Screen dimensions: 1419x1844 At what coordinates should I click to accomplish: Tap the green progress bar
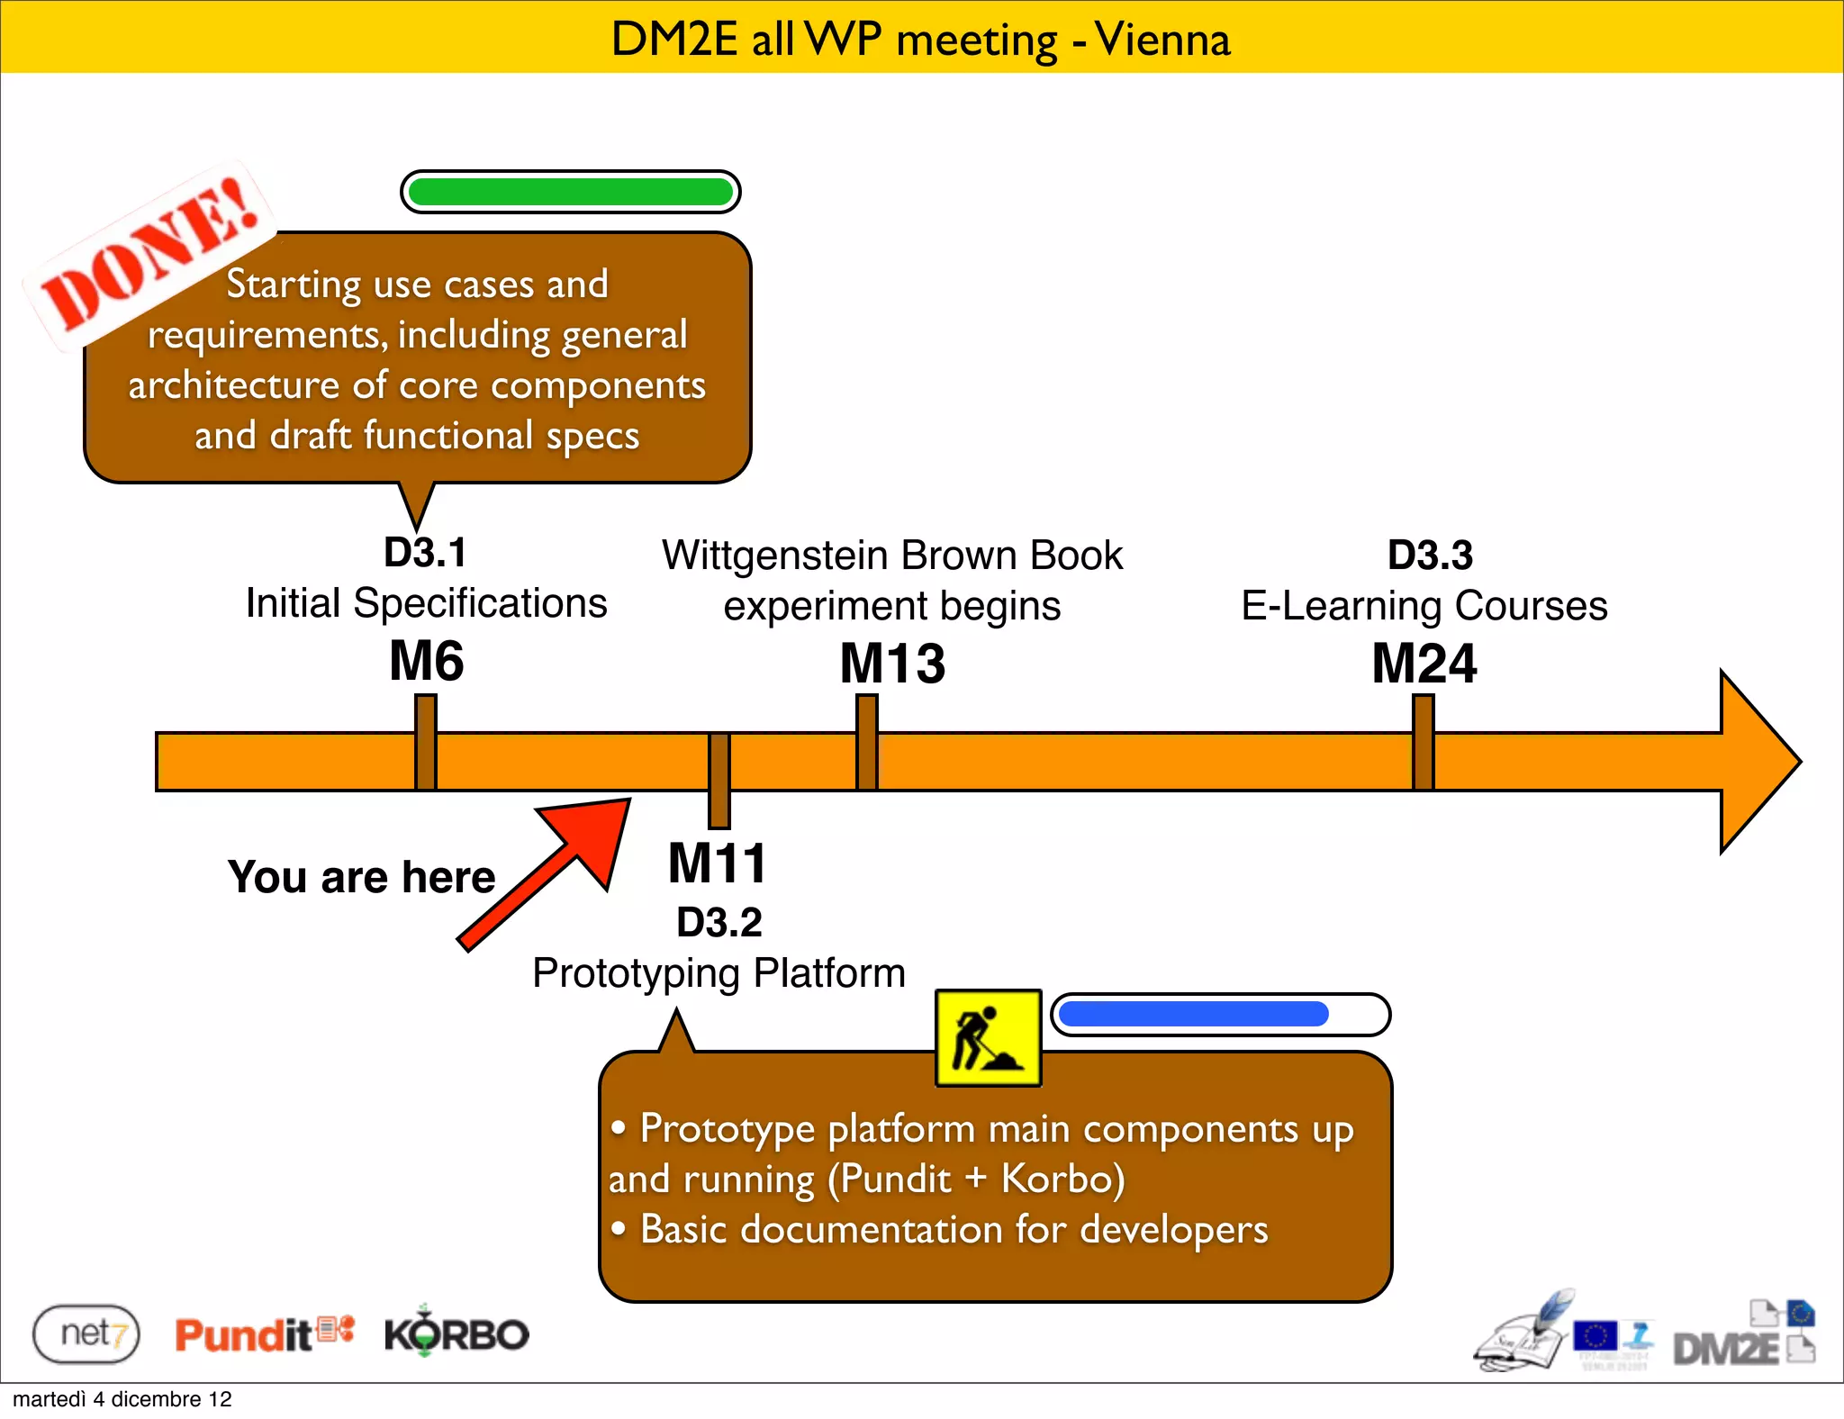[570, 192]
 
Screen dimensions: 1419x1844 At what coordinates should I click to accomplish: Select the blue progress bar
[1194, 1014]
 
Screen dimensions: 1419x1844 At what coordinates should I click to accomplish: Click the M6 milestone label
[426, 661]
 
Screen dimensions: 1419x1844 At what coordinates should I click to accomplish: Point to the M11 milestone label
[717, 863]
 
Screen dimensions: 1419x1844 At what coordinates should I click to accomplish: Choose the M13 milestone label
[892, 664]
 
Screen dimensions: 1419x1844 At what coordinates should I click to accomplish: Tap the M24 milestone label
[1424, 664]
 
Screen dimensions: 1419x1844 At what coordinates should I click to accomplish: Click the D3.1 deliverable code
[425, 553]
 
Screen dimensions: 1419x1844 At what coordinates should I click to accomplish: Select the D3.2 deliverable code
[719, 922]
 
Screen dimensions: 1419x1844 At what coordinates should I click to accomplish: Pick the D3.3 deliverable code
[1430, 555]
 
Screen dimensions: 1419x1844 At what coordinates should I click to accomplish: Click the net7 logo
[86, 1333]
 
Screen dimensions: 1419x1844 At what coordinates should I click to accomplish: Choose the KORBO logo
[456, 1333]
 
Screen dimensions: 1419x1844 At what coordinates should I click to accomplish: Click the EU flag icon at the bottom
[1595, 1335]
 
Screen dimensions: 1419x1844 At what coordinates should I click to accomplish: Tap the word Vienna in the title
[1162, 40]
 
